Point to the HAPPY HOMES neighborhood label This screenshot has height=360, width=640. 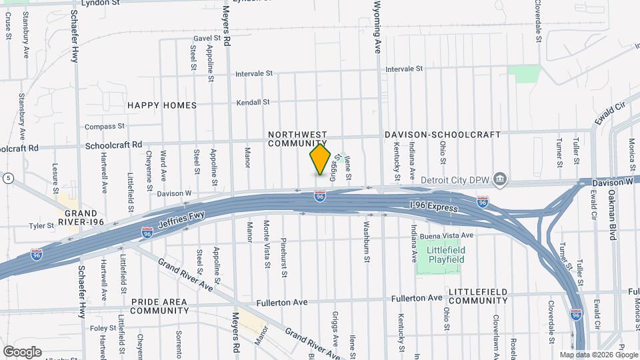[162, 105]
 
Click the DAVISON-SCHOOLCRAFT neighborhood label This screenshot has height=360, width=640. [442, 135]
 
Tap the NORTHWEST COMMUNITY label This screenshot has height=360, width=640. [297, 139]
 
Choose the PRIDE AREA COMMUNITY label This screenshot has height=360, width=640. [159, 306]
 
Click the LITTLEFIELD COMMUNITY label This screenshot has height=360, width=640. [478, 297]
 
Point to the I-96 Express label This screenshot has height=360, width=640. [433, 209]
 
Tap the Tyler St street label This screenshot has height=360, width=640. [41, 226]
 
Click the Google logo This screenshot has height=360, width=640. [22, 351]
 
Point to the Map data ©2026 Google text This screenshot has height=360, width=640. [598, 355]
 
